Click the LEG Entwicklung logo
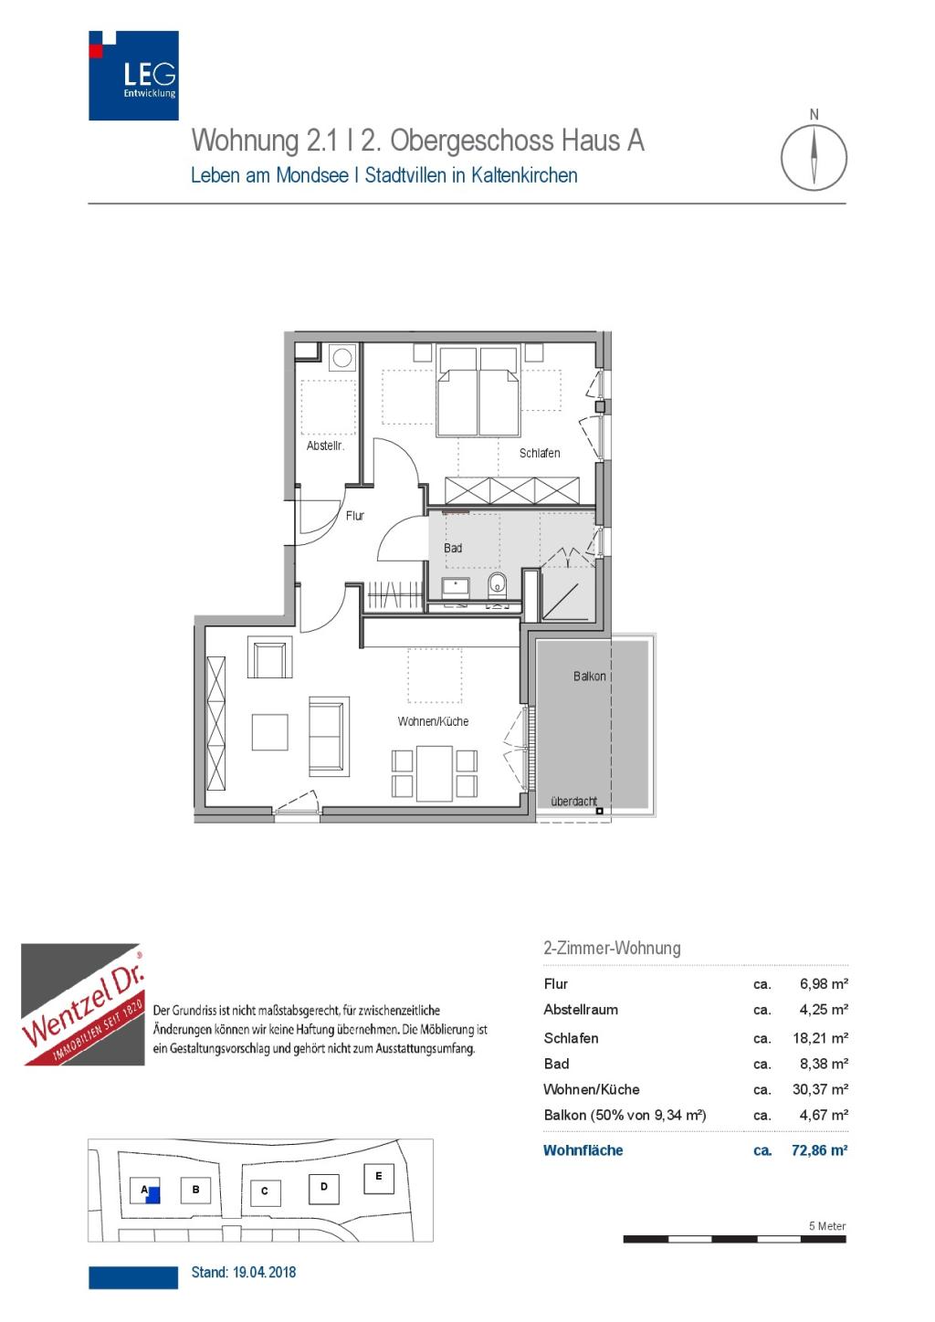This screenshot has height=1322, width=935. point(133,76)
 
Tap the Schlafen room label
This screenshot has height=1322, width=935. point(540,453)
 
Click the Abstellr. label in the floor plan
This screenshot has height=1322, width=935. point(325,446)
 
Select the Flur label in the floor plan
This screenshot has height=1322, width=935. point(355,515)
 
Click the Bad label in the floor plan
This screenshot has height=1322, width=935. point(453,548)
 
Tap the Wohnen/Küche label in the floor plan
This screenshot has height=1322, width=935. point(433,721)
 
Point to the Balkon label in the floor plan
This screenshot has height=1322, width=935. point(589,676)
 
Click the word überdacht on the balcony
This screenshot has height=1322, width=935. point(573,801)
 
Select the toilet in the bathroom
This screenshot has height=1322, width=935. point(497,583)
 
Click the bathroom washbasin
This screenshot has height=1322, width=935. point(456,587)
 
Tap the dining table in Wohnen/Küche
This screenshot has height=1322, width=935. point(434,773)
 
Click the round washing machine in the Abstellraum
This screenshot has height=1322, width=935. point(342,357)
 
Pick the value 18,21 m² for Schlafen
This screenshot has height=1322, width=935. point(820,1038)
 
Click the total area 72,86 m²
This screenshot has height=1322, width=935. point(819,1149)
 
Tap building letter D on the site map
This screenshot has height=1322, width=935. point(323,1186)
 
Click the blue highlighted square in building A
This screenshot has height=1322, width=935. point(152,1194)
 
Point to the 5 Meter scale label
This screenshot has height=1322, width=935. point(827,1226)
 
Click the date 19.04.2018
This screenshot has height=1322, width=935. point(265,1271)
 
